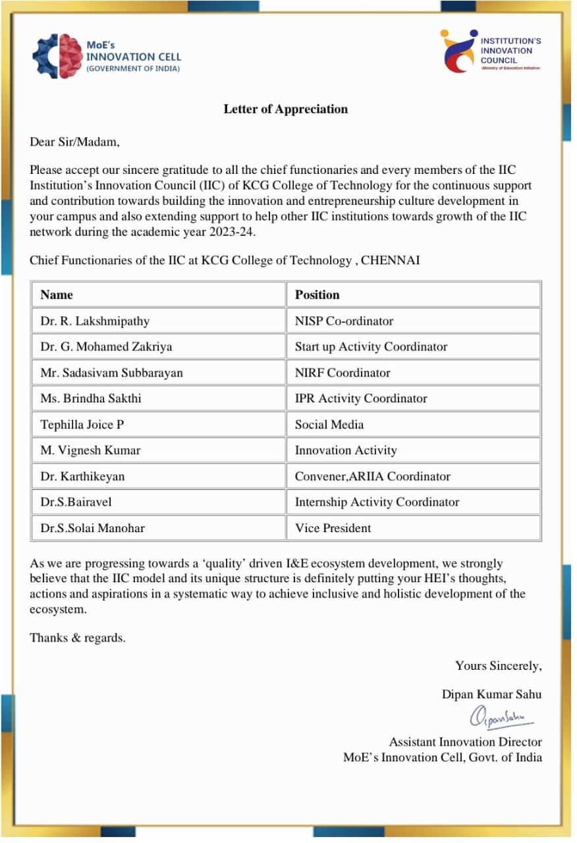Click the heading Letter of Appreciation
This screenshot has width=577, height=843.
(285, 109)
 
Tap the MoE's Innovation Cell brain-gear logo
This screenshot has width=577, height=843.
(57, 56)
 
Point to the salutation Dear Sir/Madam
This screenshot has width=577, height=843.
(74, 142)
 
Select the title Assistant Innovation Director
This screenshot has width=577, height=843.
(465, 742)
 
